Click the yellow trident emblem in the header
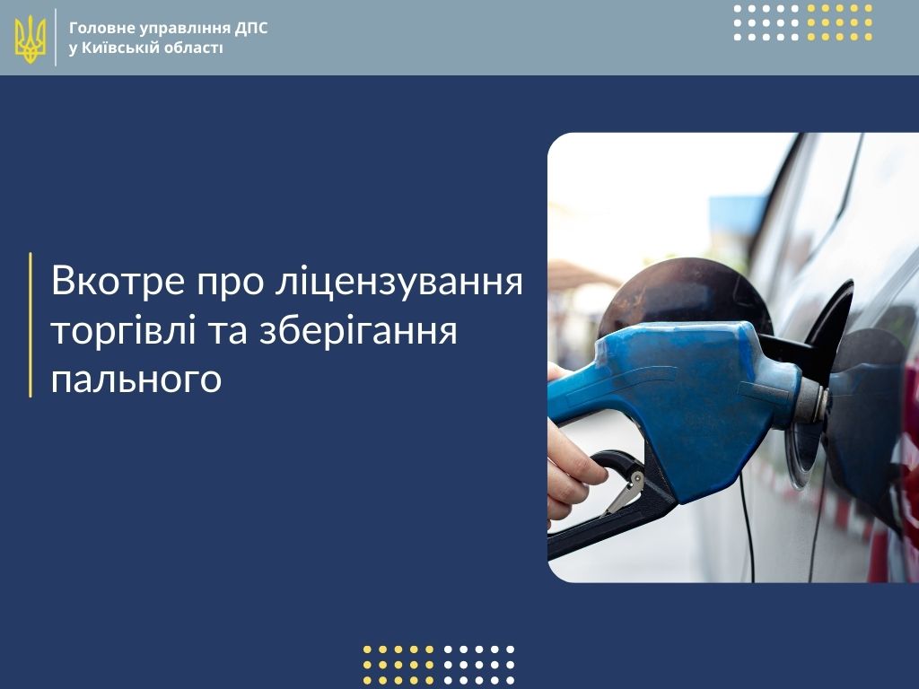pos(30,39)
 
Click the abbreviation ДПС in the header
pos(251,28)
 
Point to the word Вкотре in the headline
pos(118,281)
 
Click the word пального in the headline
pos(136,379)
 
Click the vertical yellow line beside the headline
pos(31,325)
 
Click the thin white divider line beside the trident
pos(57,37)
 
